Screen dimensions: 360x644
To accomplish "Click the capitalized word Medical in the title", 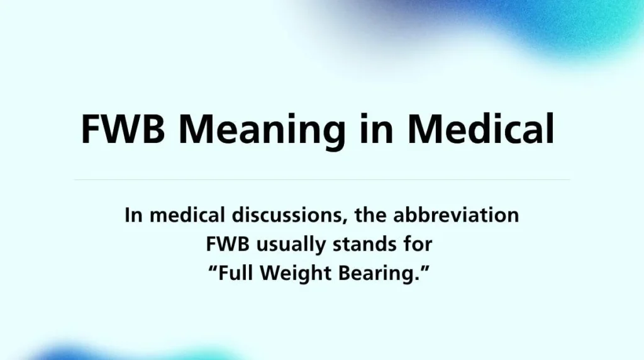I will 480,130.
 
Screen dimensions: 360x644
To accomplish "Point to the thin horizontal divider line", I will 322,180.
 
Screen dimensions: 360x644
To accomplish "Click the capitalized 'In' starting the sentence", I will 131,215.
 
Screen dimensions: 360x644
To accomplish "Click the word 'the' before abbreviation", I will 371,215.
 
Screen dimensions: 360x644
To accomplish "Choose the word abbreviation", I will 456,215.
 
